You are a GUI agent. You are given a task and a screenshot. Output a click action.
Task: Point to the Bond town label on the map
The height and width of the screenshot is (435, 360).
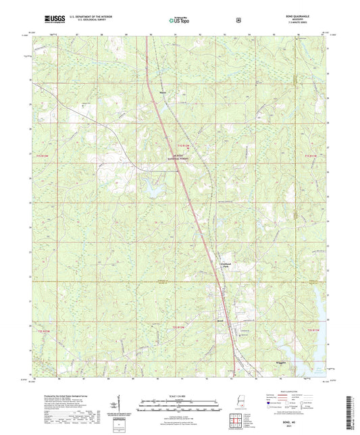pos(220,313)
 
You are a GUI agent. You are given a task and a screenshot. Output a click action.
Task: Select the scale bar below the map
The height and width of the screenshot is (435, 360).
pos(180,407)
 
